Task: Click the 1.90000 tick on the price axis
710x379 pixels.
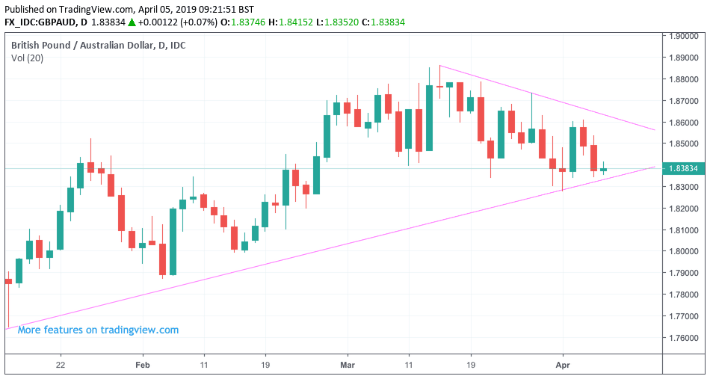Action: (x=683, y=36)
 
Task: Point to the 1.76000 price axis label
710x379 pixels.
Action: (x=683, y=338)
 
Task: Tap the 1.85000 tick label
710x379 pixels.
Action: (x=683, y=144)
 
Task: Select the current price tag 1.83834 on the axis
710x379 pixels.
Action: (x=683, y=169)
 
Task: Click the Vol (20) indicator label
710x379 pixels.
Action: (x=27, y=58)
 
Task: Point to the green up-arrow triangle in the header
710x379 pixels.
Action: (x=132, y=22)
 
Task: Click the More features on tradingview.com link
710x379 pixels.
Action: (x=98, y=330)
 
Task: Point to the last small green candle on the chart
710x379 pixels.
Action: (x=604, y=170)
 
